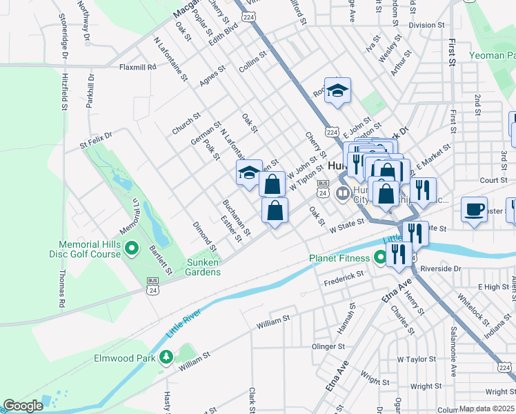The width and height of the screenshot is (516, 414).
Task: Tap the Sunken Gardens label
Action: (204, 267)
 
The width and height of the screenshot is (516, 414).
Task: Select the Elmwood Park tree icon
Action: (166, 357)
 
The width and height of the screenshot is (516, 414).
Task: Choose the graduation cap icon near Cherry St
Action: (337, 91)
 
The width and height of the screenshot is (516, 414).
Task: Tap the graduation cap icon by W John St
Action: (249, 174)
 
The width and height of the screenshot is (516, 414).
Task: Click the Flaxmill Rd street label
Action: (138, 68)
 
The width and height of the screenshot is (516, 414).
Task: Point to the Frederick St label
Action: (345, 275)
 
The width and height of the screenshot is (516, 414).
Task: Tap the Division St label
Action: (426, 25)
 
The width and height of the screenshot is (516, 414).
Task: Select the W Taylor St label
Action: (417, 359)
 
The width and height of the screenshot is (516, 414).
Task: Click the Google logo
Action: (23, 406)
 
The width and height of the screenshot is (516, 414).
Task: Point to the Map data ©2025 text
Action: (486, 408)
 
